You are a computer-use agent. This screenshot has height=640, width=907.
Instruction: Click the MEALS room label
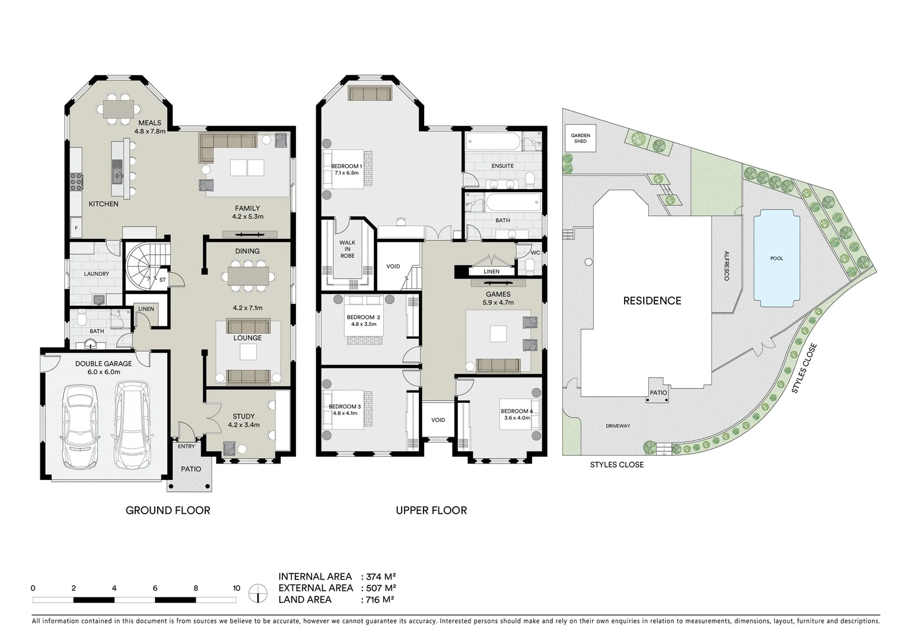pyautogui.click(x=149, y=123)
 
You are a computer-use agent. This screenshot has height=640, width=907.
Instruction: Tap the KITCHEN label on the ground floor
pyautogui.click(x=103, y=204)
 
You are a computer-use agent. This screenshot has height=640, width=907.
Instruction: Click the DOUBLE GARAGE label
pyautogui.click(x=103, y=364)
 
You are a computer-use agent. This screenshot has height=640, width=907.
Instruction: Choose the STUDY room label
pyautogui.click(x=244, y=417)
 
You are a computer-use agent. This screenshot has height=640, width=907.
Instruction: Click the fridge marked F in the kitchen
pyautogui.click(x=76, y=227)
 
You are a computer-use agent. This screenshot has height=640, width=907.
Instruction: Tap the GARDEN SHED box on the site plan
pyautogui.click(x=580, y=138)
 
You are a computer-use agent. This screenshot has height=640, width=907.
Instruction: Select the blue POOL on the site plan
pyautogui.click(x=776, y=260)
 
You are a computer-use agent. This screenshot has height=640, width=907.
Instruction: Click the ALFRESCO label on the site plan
pyautogui.click(x=726, y=266)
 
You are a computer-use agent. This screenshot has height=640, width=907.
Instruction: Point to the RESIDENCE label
pyautogui.click(x=652, y=301)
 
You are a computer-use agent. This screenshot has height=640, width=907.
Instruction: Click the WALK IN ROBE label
pyautogui.click(x=347, y=249)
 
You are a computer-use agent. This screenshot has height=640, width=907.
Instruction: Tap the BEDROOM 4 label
pyautogui.click(x=516, y=411)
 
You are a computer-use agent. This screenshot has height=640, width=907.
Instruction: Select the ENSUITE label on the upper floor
pyautogui.click(x=502, y=166)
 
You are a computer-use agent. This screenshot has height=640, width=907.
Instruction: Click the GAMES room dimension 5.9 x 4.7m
pyautogui.click(x=498, y=303)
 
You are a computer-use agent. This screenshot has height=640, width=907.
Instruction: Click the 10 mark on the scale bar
pyautogui.click(x=236, y=588)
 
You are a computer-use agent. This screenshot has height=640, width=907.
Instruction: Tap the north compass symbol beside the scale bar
pyautogui.click(x=257, y=592)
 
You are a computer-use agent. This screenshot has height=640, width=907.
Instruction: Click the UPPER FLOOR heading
pyautogui.click(x=431, y=510)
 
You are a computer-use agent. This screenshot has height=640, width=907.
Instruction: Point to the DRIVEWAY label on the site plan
pyautogui.click(x=618, y=426)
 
